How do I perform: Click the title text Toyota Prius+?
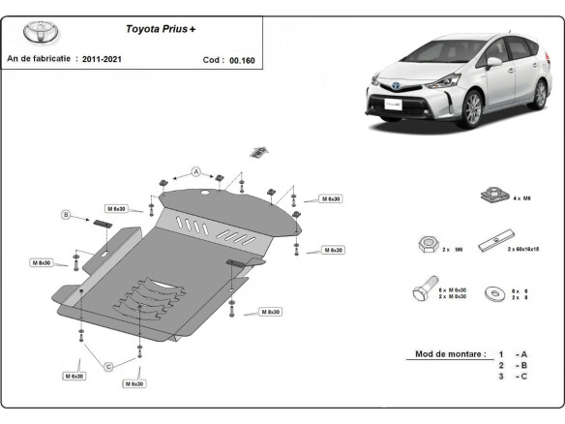click(160, 29)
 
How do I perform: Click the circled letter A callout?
click(195, 171)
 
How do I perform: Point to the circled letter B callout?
click(67, 214)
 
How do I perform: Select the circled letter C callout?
click(109, 365)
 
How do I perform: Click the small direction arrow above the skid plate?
click(256, 150)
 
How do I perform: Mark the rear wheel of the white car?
click(540, 93)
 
